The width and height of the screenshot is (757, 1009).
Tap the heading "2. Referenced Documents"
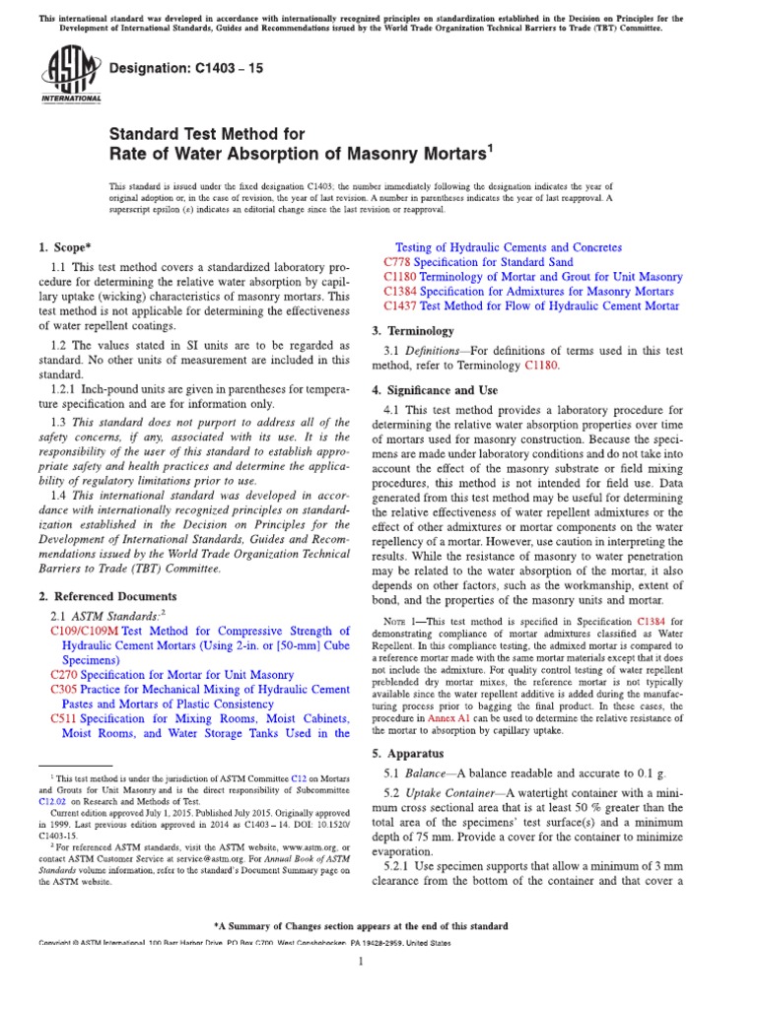107,596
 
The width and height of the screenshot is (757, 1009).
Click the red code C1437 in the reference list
401,306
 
